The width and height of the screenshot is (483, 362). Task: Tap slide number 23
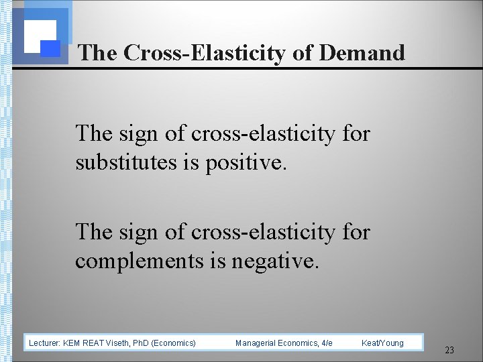(449, 350)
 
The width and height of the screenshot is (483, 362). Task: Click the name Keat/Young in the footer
(382, 343)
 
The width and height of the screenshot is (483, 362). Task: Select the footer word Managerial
(255, 343)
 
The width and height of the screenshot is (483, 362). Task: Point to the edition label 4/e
(326, 343)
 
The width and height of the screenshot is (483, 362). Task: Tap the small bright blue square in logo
(50, 48)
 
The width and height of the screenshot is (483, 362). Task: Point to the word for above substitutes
(356, 133)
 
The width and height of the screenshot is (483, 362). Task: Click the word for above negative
(356, 231)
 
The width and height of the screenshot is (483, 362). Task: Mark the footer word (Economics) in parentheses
(174, 343)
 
